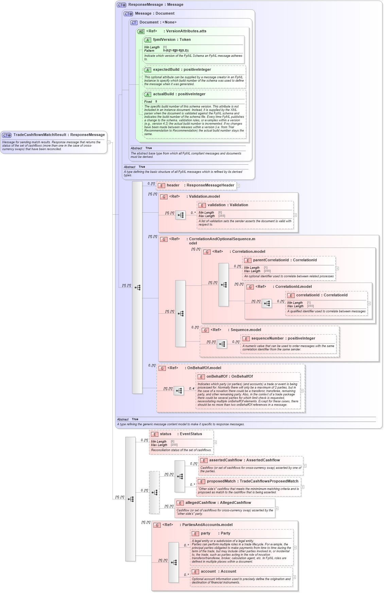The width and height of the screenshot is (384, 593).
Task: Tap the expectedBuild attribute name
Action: (x=166, y=70)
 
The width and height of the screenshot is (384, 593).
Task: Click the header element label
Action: (x=173, y=185)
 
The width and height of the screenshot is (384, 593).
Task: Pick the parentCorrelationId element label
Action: (x=271, y=260)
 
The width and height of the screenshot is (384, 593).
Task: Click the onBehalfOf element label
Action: (x=217, y=377)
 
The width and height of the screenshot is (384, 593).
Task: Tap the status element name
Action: (x=165, y=434)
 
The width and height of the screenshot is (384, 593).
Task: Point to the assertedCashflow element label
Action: (x=226, y=460)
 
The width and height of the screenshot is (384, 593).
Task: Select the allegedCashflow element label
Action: (x=200, y=503)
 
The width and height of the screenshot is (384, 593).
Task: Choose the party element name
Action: (x=205, y=533)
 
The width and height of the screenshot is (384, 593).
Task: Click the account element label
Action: (x=208, y=572)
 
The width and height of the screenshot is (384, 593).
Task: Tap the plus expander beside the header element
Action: (x=238, y=186)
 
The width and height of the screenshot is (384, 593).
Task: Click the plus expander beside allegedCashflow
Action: (x=277, y=508)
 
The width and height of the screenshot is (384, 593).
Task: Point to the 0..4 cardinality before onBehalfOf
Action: (x=192, y=389)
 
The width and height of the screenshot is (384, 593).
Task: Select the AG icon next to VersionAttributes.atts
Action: (x=141, y=32)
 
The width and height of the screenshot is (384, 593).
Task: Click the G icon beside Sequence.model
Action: (x=205, y=330)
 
